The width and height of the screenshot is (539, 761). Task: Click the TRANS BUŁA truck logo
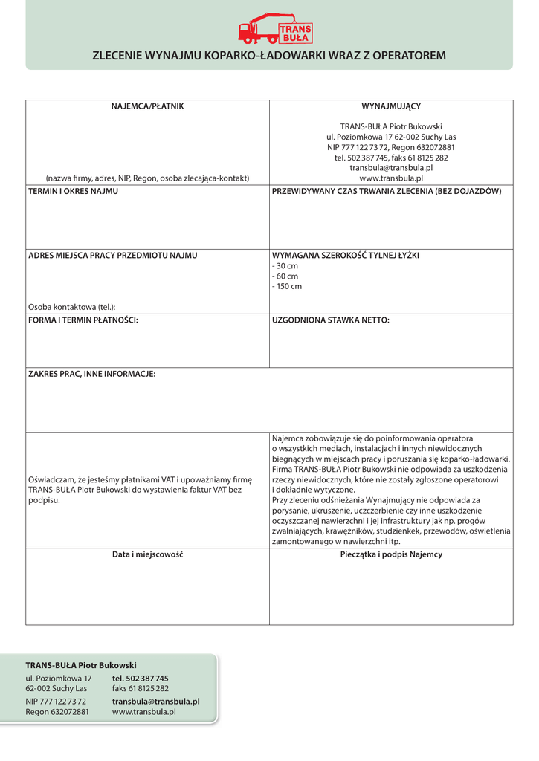click(275, 28)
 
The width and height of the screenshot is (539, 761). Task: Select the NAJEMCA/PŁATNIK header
click(147, 106)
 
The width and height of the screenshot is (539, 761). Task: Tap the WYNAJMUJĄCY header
click(391, 106)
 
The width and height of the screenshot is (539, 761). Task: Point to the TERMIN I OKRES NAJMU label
click(73, 191)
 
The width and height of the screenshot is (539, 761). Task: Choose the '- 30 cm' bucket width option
click(285, 265)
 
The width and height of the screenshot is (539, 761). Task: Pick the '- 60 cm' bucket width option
click(285, 276)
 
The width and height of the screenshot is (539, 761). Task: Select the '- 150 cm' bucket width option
click(288, 286)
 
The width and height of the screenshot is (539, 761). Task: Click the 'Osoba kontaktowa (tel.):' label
click(71, 307)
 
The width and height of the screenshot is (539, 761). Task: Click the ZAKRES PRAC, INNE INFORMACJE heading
click(91, 374)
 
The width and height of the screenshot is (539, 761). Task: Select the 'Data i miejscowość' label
click(147, 554)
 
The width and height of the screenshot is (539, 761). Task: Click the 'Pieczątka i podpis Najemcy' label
click(391, 554)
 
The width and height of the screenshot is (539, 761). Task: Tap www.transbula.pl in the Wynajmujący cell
click(391, 178)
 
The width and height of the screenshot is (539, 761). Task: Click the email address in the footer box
click(155, 701)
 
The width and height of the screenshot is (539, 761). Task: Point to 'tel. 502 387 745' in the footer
click(140, 678)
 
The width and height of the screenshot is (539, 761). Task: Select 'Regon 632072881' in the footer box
click(57, 712)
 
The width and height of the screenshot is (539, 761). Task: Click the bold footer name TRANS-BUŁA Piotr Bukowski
click(81, 664)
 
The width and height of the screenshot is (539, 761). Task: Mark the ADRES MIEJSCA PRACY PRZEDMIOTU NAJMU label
click(112, 255)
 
